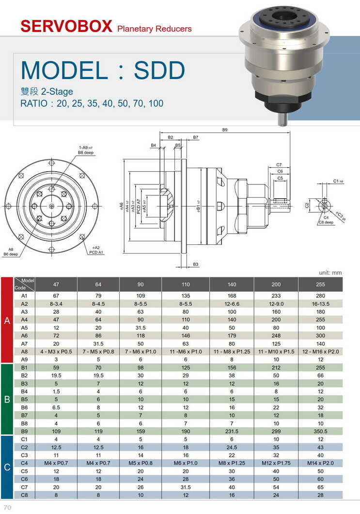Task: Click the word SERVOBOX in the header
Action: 66,26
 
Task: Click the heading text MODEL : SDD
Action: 103,70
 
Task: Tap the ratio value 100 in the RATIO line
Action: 157,103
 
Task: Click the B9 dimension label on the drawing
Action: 225,130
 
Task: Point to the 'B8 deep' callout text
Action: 86,153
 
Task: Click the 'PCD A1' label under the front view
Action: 96,253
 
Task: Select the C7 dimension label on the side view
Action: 279,165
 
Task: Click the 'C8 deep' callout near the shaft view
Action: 326,223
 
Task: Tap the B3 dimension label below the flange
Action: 196,264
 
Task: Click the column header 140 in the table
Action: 231,285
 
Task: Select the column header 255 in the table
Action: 320,285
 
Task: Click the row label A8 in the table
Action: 24,352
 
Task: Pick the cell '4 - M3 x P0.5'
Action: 56,352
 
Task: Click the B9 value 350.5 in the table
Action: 320,431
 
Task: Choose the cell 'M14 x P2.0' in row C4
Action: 320,463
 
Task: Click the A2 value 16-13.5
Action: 320,304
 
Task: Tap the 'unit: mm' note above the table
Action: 330,273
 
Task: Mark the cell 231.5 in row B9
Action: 231,431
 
